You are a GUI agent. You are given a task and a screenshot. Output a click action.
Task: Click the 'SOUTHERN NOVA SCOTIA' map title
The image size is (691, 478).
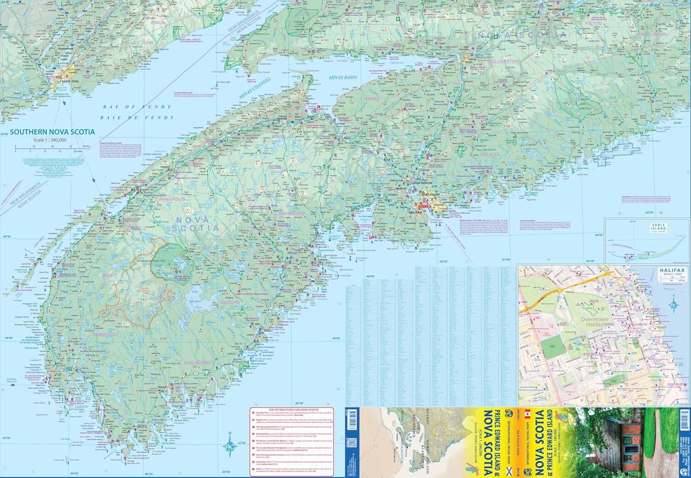pos(52,132)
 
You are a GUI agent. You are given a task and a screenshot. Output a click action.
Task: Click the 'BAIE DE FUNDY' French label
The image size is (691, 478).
pos(139,118)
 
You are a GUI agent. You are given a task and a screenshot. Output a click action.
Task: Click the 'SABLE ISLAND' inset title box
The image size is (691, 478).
pos(658,227)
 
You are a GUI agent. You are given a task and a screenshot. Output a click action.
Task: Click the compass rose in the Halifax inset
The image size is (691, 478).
pos(674,304)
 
